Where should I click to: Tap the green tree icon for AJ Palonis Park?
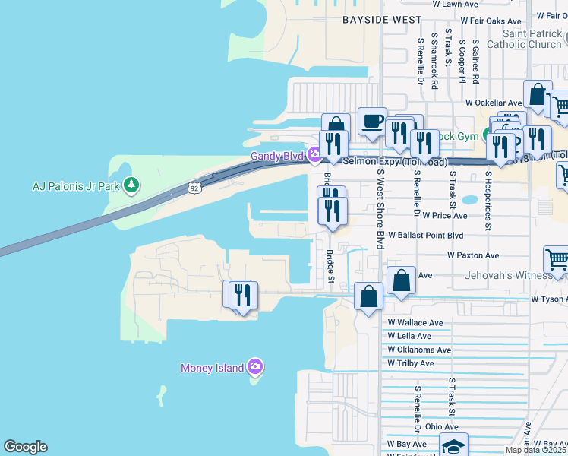[132, 185]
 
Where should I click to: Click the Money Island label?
[212, 368]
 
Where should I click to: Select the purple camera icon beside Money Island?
[255, 368]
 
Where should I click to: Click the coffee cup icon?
[372, 122]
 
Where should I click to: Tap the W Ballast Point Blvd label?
[425, 236]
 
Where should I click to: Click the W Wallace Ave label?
[415, 322]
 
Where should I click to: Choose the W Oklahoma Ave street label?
[419, 350]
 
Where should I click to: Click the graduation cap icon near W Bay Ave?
[454, 446]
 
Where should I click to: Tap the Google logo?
[25, 447]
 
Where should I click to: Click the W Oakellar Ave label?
[494, 103]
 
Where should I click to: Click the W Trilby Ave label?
[410, 363]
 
